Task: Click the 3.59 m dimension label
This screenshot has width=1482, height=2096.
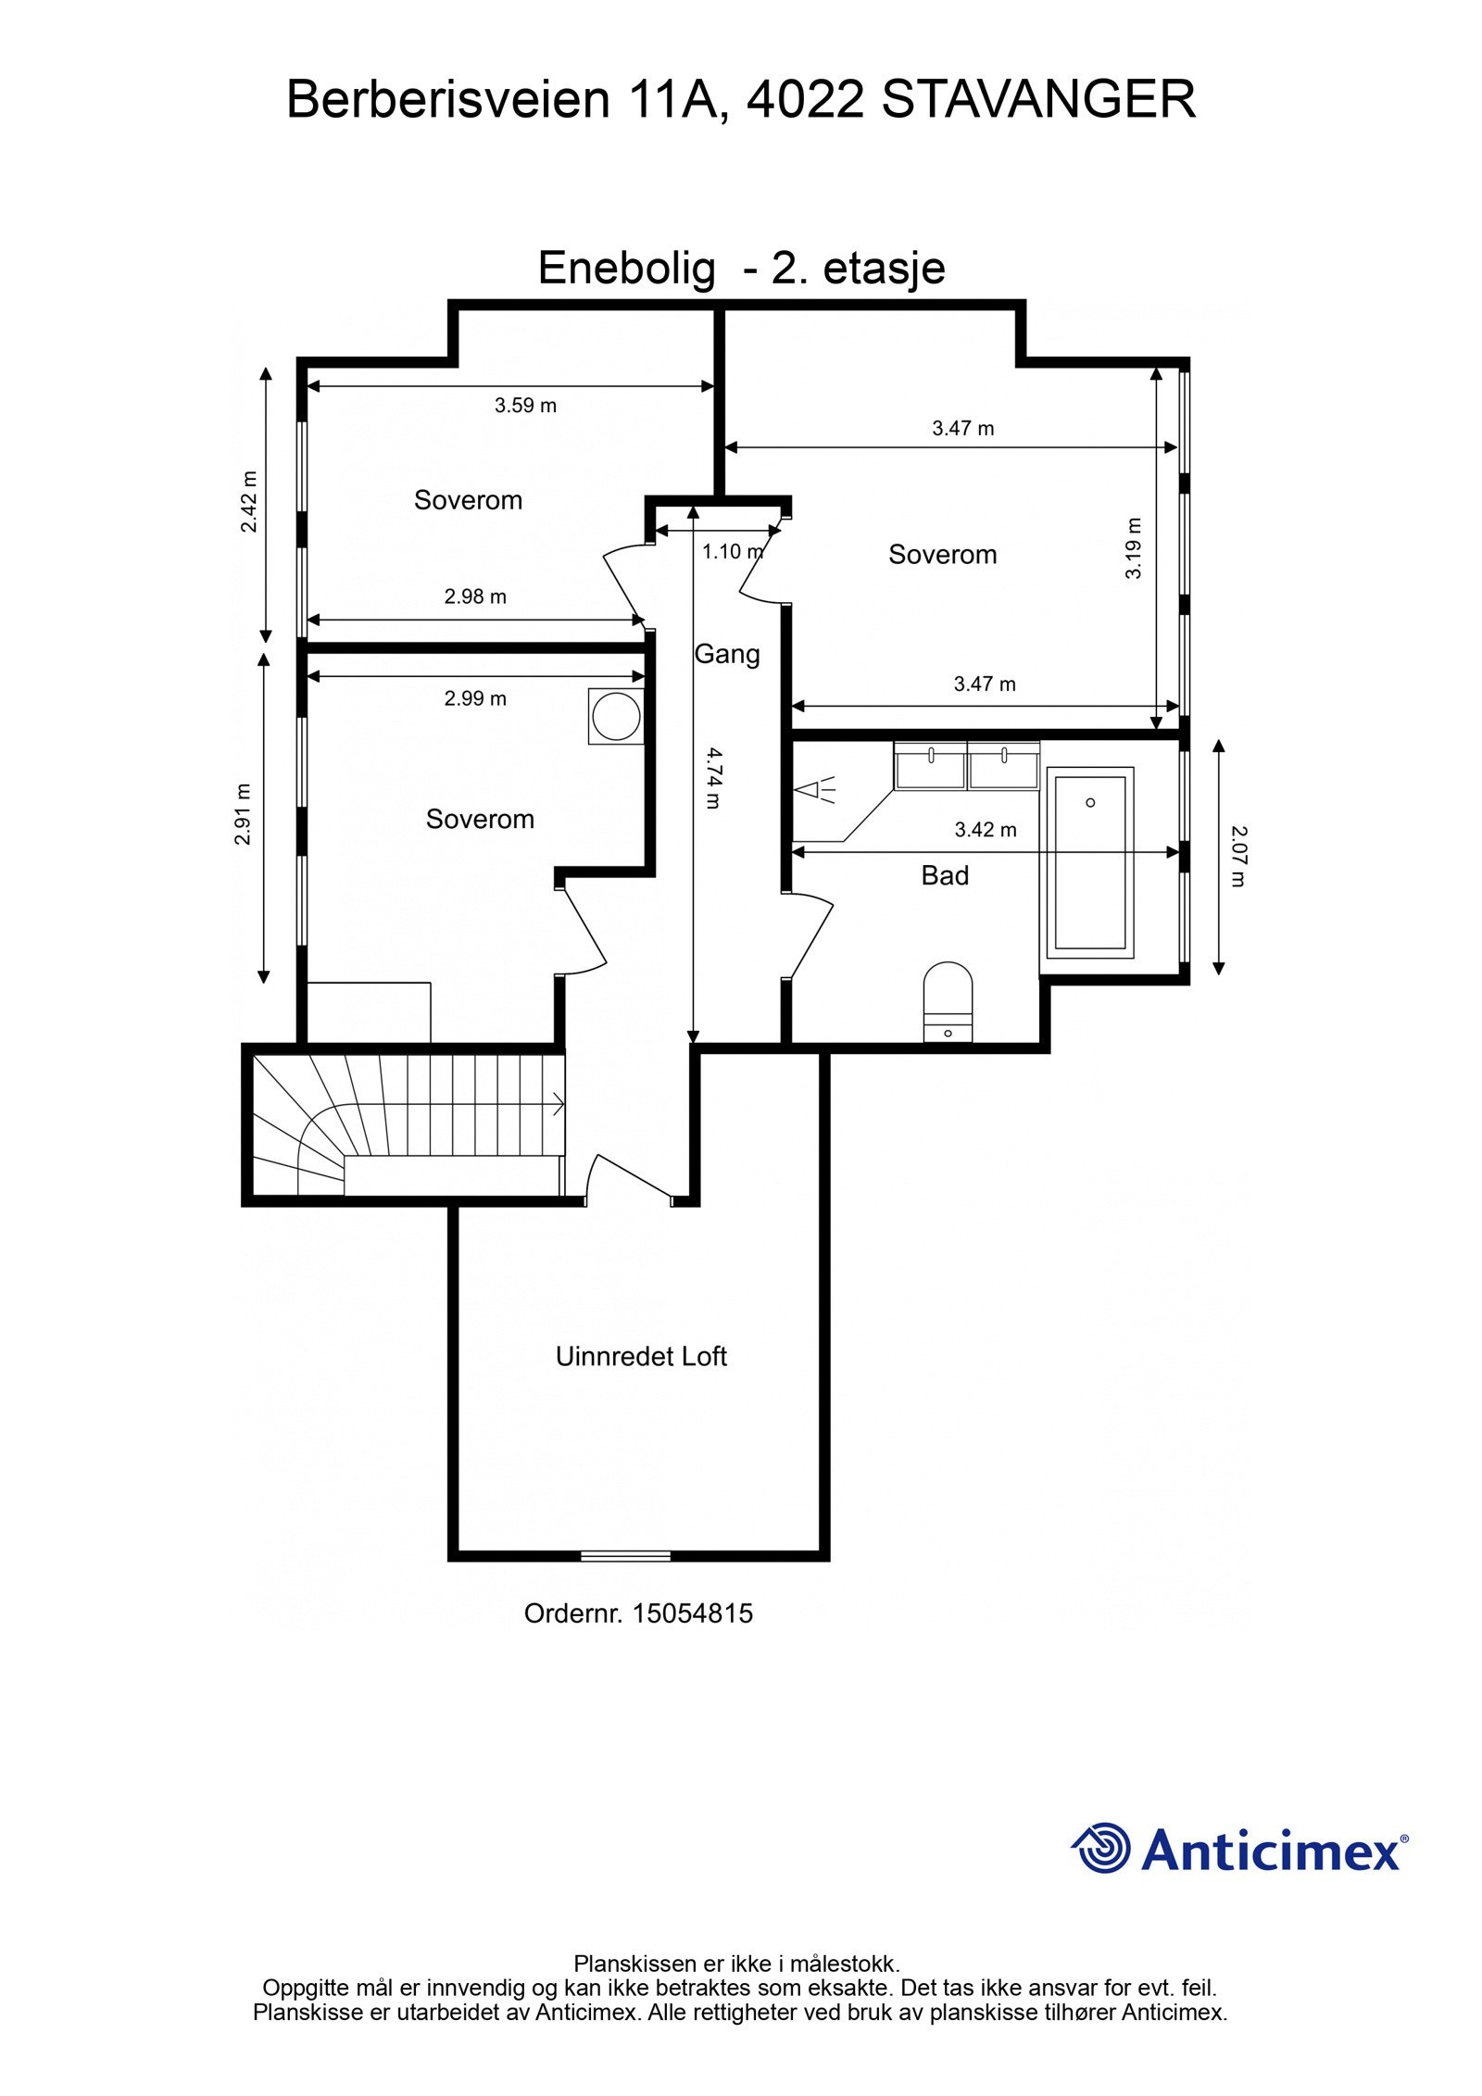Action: click(x=525, y=405)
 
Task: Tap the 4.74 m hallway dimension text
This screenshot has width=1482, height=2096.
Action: click(x=712, y=778)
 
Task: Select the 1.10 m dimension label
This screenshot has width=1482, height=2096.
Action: click(x=732, y=552)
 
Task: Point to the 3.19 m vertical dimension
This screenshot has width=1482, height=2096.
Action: click(x=1134, y=548)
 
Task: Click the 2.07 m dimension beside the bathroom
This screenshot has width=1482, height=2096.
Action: click(x=1238, y=856)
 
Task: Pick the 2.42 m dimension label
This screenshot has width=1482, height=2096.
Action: click(x=249, y=501)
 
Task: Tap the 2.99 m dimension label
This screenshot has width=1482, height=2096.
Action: click(x=475, y=698)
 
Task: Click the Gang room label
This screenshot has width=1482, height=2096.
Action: click(x=727, y=654)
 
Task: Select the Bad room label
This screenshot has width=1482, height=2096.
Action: click(x=945, y=875)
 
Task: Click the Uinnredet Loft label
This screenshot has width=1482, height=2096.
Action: click(x=641, y=1357)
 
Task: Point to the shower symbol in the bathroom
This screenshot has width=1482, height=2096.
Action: click(x=815, y=790)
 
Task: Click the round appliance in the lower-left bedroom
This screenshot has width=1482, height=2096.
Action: click(x=616, y=716)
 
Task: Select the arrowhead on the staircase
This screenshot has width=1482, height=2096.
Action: click(x=558, y=1104)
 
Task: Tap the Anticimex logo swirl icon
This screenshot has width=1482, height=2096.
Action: click(x=1102, y=1848)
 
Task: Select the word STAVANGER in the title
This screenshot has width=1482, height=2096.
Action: click(x=1038, y=100)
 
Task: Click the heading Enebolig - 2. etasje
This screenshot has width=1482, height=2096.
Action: click(x=741, y=269)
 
